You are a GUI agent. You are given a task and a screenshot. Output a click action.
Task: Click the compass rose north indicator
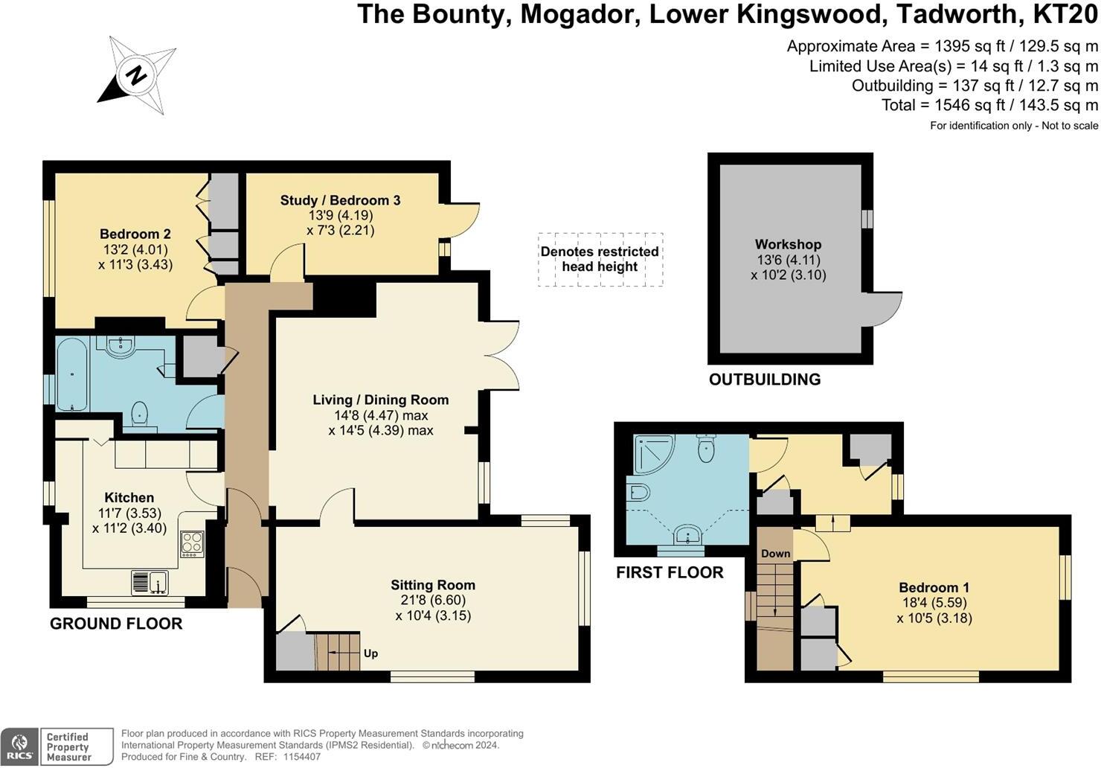(136, 75)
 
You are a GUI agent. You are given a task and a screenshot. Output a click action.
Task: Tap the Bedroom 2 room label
(135, 234)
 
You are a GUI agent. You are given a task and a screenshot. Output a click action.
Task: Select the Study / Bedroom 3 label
(340, 200)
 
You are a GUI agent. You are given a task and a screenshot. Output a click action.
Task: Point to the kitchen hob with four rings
(192, 544)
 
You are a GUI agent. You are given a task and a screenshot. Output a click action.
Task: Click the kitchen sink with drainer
(150, 583)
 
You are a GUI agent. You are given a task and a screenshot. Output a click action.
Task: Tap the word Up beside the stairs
(370, 653)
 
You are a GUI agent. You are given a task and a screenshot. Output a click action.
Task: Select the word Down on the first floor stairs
(776, 553)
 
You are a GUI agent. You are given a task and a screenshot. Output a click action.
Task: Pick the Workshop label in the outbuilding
(788, 244)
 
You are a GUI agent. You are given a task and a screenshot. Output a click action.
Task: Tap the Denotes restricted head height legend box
(600, 259)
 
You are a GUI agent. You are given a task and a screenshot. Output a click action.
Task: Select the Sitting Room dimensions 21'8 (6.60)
(432, 600)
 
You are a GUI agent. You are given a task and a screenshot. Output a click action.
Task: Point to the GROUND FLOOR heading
(116, 624)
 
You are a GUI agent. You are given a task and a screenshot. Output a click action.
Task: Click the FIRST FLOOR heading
(670, 572)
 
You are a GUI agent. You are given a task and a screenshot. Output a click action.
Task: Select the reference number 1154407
(300, 757)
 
